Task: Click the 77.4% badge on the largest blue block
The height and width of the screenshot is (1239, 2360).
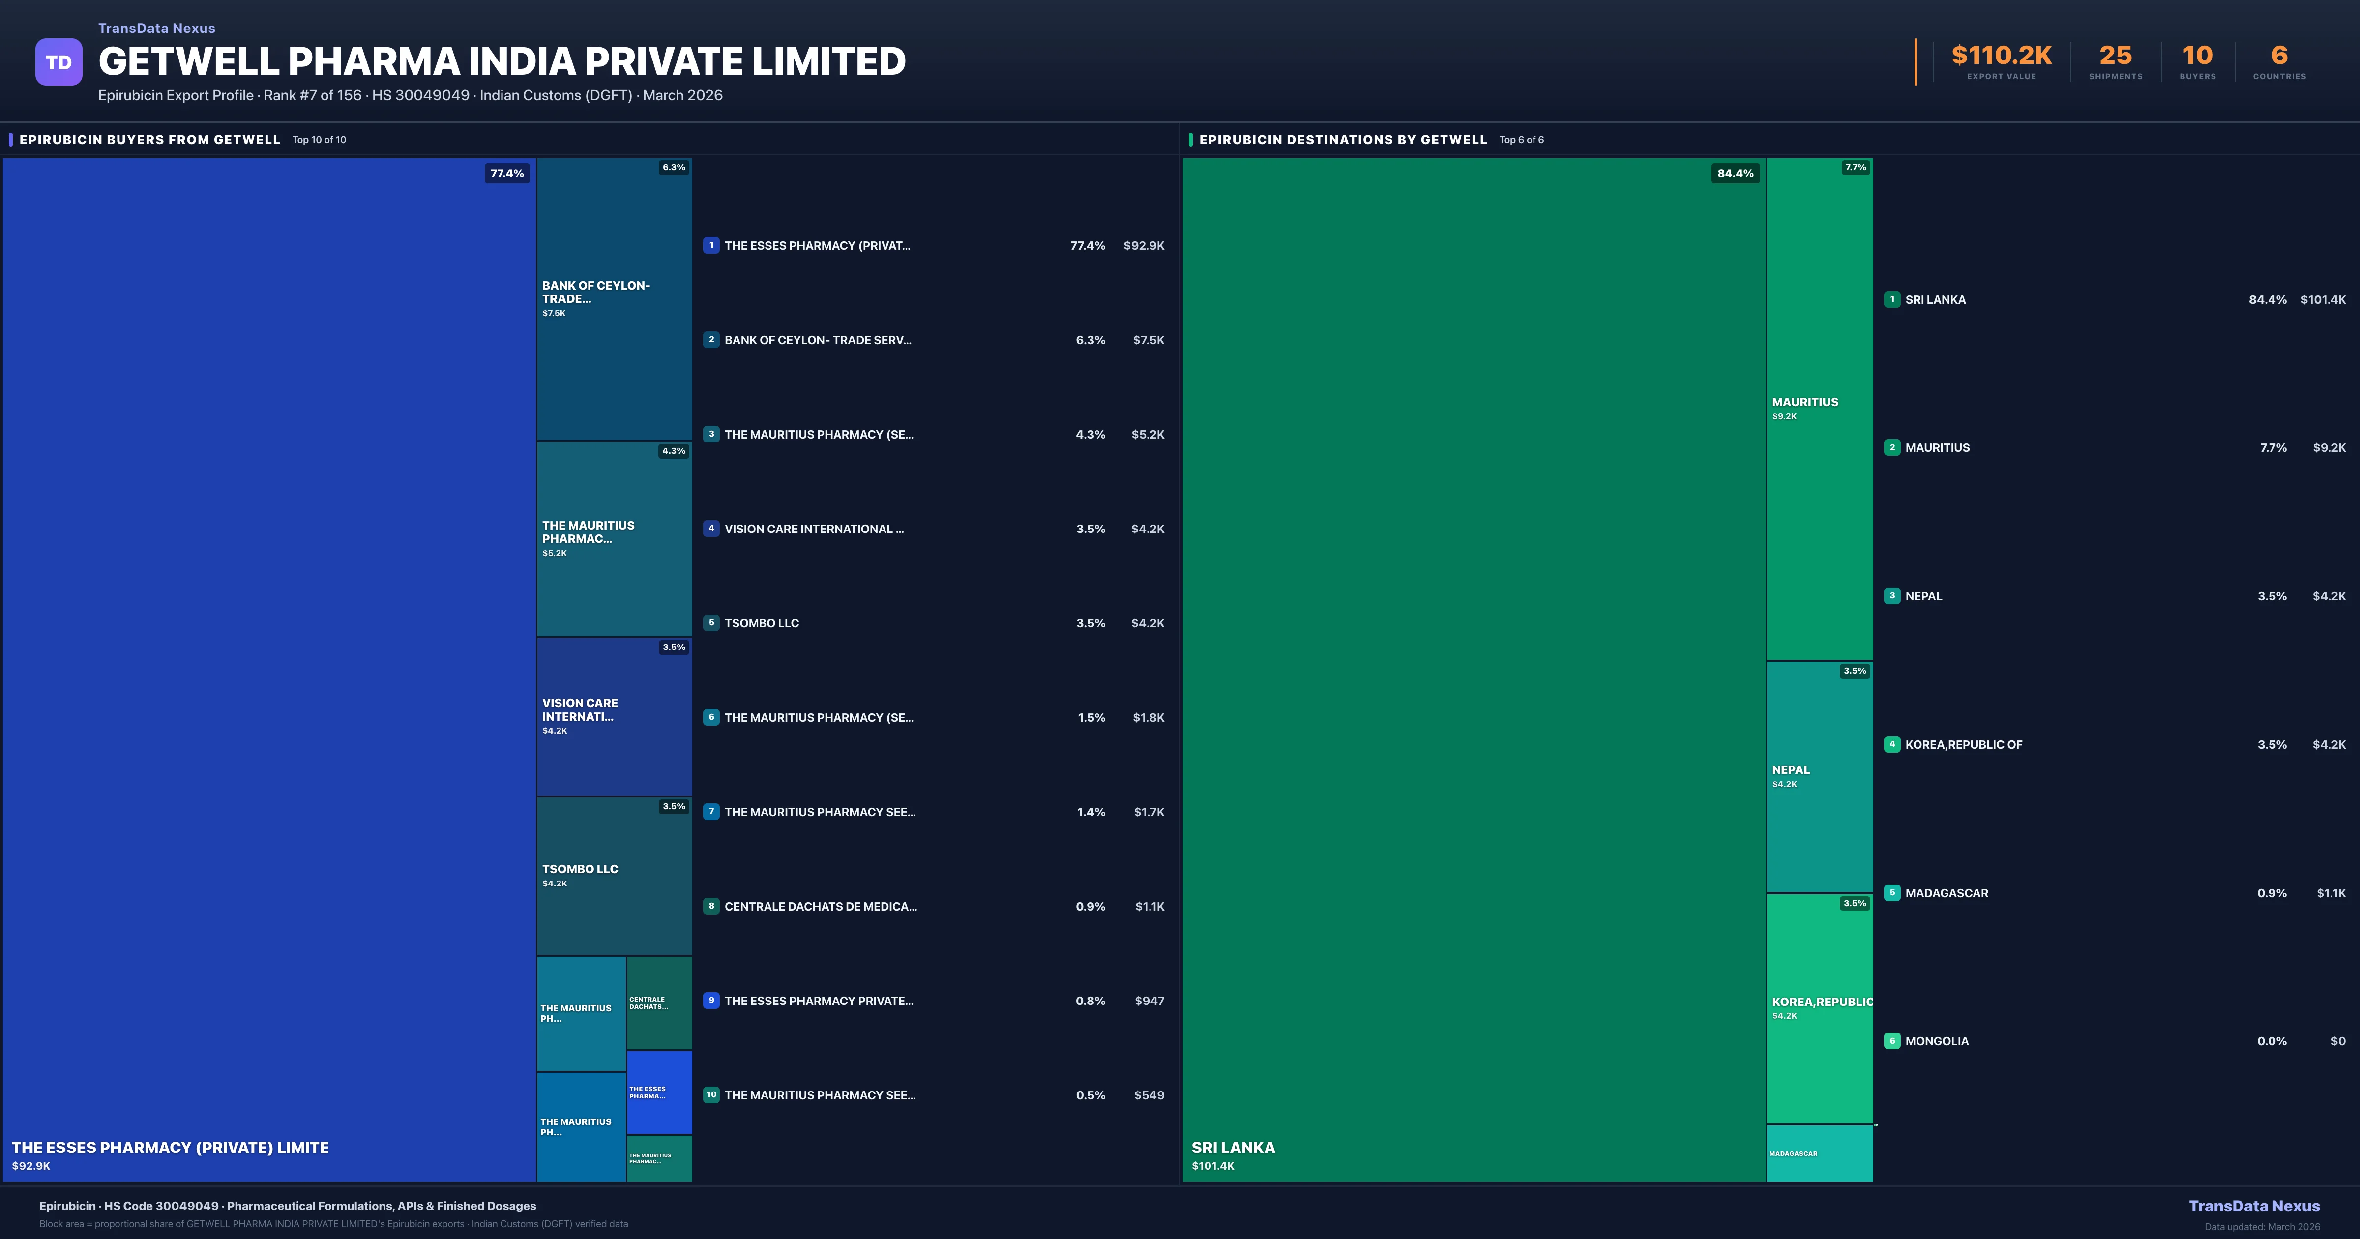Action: click(506, 173)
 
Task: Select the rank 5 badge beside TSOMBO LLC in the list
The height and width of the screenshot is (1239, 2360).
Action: click(711, 623)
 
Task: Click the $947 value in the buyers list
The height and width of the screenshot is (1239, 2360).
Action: click(1149, 1001)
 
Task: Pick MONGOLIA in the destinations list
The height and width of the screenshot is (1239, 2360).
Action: click(1937, 1041)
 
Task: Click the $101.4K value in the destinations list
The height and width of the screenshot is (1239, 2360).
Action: click(2323, 299)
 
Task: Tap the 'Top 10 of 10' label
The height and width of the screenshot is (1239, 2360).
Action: click(319, 140)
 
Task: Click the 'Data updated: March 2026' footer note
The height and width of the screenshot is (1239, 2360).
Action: click(2262, 1226)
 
